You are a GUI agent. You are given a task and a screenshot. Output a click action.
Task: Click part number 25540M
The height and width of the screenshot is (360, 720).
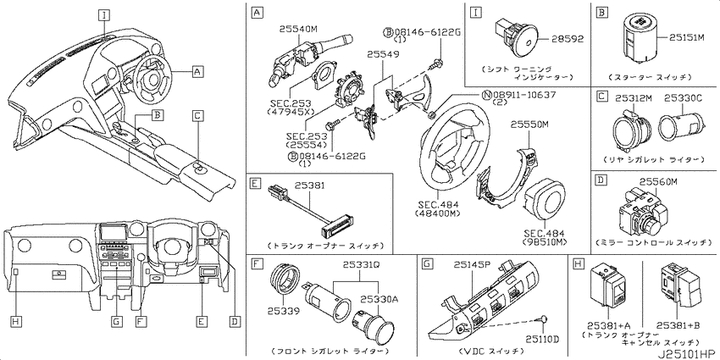(298, 30)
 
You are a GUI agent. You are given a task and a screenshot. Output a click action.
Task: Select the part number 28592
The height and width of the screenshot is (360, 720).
(567, 39)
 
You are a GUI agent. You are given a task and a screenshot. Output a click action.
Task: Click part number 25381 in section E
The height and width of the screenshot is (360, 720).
(310, 186)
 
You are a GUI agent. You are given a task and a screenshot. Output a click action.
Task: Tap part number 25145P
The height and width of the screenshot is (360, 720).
(473, 264)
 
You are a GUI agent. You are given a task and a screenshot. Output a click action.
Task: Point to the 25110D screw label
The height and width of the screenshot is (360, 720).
(542, 340)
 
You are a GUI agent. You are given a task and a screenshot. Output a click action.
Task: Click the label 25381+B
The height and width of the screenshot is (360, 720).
(678, 325)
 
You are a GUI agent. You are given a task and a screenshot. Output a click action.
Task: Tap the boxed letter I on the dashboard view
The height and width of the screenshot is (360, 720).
(104, 15)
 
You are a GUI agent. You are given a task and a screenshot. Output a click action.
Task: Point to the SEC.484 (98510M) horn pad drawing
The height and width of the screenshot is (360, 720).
(545, 198)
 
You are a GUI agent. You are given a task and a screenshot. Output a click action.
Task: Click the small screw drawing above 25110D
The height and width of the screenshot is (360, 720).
(544, 319)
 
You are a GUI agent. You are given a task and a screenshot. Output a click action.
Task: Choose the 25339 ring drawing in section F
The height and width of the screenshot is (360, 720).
(285, 281)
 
